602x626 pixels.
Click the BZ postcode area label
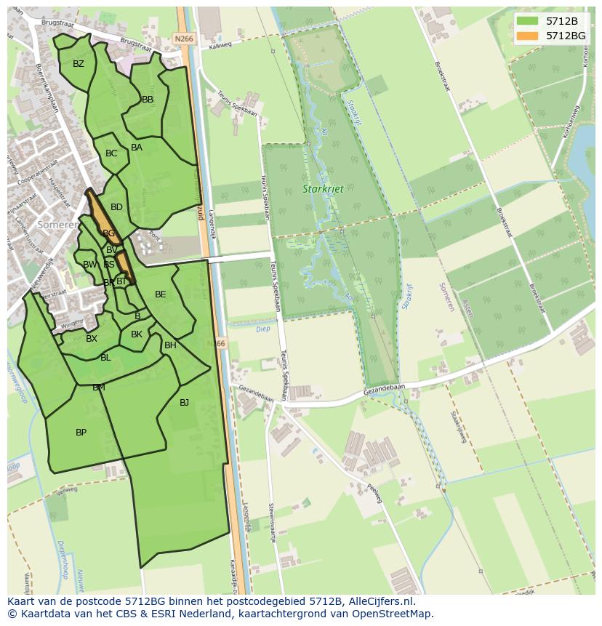79,64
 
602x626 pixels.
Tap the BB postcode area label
148,100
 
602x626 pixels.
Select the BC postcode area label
111,153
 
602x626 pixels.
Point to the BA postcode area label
137,148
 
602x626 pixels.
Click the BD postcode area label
116,207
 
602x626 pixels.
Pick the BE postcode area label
161,294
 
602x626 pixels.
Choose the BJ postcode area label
184,402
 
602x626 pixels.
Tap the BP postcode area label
81,433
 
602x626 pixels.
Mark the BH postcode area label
170,345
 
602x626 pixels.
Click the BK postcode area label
137,334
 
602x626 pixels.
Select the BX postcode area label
92,339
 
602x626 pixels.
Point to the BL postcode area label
105,358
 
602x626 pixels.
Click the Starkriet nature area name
323,189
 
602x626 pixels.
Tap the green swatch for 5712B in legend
527,21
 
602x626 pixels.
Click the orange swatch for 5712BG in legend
527,36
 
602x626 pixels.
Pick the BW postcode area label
89,265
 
